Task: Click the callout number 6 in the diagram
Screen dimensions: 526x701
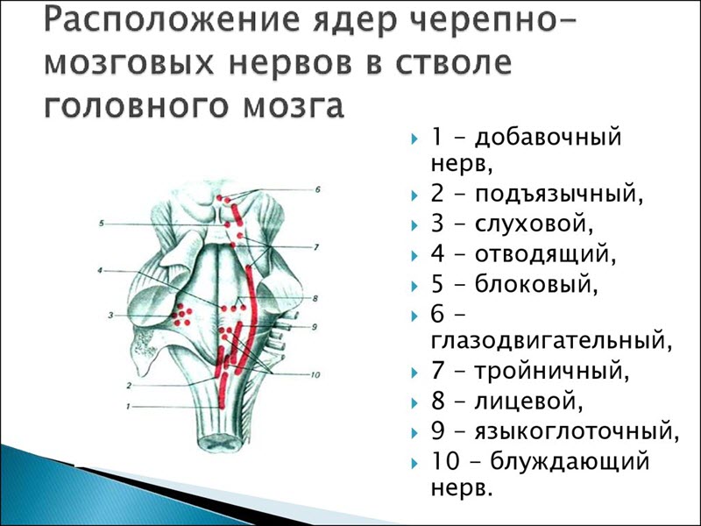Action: tap(318, 189)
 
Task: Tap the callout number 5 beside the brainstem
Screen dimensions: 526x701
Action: tap(102, 224)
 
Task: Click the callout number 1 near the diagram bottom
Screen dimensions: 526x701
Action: tap(128, 406)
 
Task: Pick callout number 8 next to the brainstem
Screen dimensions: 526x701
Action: tap(313, 299)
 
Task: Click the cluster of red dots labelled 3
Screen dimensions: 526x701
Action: tap(182, 314)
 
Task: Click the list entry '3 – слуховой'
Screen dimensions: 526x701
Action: tap(506, 224)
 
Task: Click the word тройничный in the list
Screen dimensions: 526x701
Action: tap(551, 372)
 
